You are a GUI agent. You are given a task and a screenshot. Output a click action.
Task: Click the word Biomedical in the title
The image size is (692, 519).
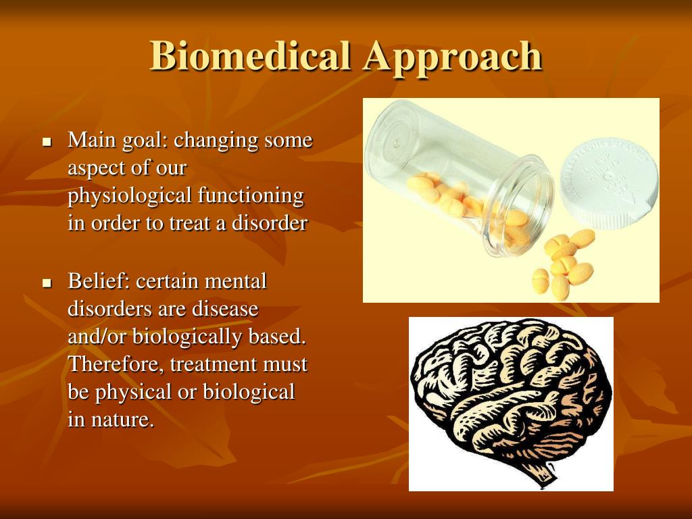(251, 56)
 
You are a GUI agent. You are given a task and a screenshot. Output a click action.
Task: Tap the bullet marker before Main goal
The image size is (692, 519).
(47, 142)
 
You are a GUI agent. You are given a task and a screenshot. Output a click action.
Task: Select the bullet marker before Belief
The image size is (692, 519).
(47, 283)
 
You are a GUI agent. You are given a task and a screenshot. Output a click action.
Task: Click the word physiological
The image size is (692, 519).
(130, 196)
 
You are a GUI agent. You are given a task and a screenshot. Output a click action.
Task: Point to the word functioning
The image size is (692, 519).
(251, 196)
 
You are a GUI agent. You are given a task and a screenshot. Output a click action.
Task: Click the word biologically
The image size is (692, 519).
(188, 337)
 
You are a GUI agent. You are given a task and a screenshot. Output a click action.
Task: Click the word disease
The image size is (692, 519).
(225, 308)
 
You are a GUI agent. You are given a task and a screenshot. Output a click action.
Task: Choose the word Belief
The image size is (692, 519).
(99, 281)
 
